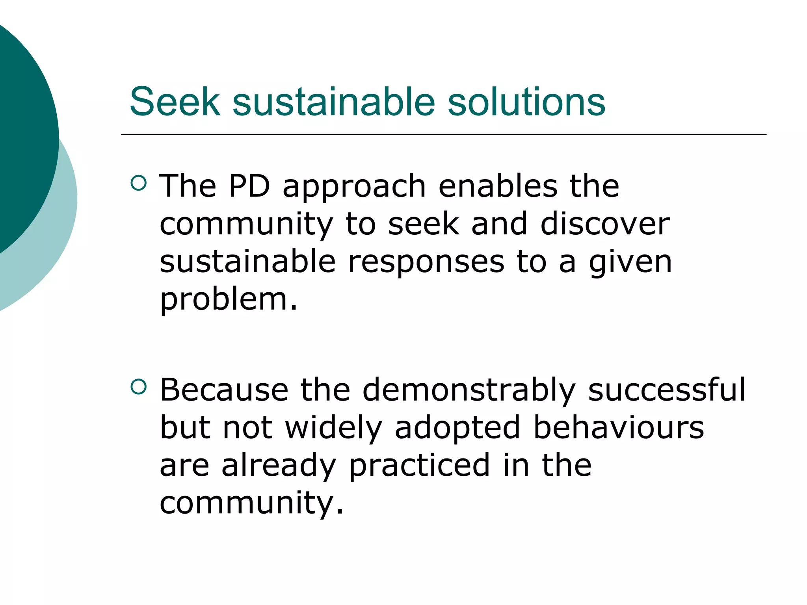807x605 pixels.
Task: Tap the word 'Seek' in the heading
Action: point(175,102)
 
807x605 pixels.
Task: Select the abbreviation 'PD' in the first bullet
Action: point(249,186)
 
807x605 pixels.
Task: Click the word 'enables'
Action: point(498,186)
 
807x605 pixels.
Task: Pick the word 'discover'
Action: point(605,224)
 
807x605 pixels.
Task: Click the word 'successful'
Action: point(667,390)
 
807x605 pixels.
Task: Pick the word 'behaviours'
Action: point(618,428)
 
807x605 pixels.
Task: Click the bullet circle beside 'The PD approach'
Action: point(138,183)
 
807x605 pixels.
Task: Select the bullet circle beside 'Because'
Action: point(138,387)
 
